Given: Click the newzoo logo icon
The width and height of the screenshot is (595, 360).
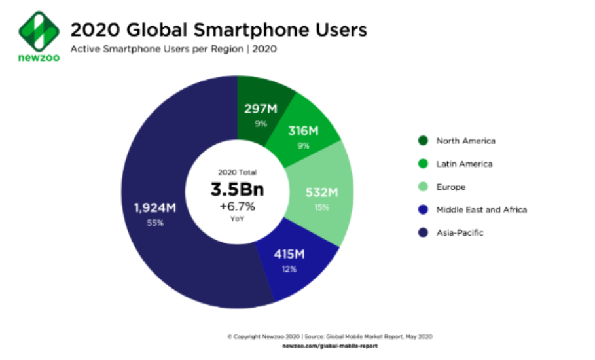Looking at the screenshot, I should pos(34,31).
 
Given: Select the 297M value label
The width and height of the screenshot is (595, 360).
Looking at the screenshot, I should pos(261,109).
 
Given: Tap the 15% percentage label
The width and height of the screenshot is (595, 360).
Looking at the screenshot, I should pos(321,207).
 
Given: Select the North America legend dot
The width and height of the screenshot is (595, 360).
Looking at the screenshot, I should pos(422,141).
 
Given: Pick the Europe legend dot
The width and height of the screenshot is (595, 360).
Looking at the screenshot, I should pos(422,187).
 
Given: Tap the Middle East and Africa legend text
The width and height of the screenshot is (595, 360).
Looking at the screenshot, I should pos(481,209).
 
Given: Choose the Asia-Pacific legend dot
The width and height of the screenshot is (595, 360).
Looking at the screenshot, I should pos(422,232).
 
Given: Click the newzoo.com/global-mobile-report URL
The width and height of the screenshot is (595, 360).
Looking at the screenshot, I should pos(330,344).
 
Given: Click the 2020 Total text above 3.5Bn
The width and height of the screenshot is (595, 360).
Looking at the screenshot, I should pos(238,173).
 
